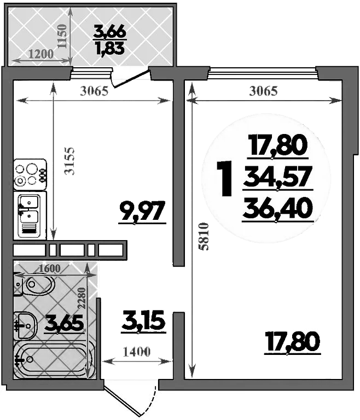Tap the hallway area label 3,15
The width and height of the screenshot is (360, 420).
(x=143, y=321)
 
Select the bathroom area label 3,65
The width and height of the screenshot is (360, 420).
(x=65, y=323)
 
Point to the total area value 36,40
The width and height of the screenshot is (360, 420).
(x=277, y=207)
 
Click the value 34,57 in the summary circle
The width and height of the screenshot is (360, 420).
(x=277, y=177)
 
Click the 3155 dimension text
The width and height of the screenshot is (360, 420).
(x=69, y=161)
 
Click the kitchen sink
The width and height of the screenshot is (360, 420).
(x=31, y=214)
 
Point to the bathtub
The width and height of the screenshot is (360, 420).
(x=52, y=359)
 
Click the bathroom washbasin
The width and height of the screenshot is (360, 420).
(x=24, y=324)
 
